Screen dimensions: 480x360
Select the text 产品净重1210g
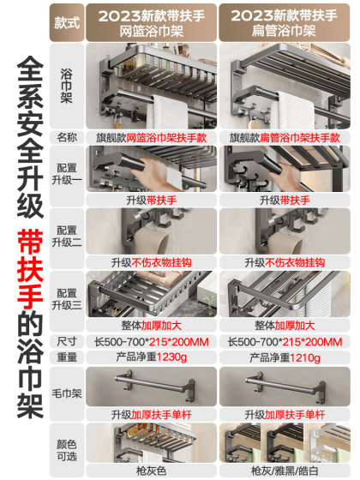click(x=287, y=356)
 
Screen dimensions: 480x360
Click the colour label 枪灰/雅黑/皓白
click(x=287, y=471)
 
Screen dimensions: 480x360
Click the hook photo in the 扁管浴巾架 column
click(x=287, y=231)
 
